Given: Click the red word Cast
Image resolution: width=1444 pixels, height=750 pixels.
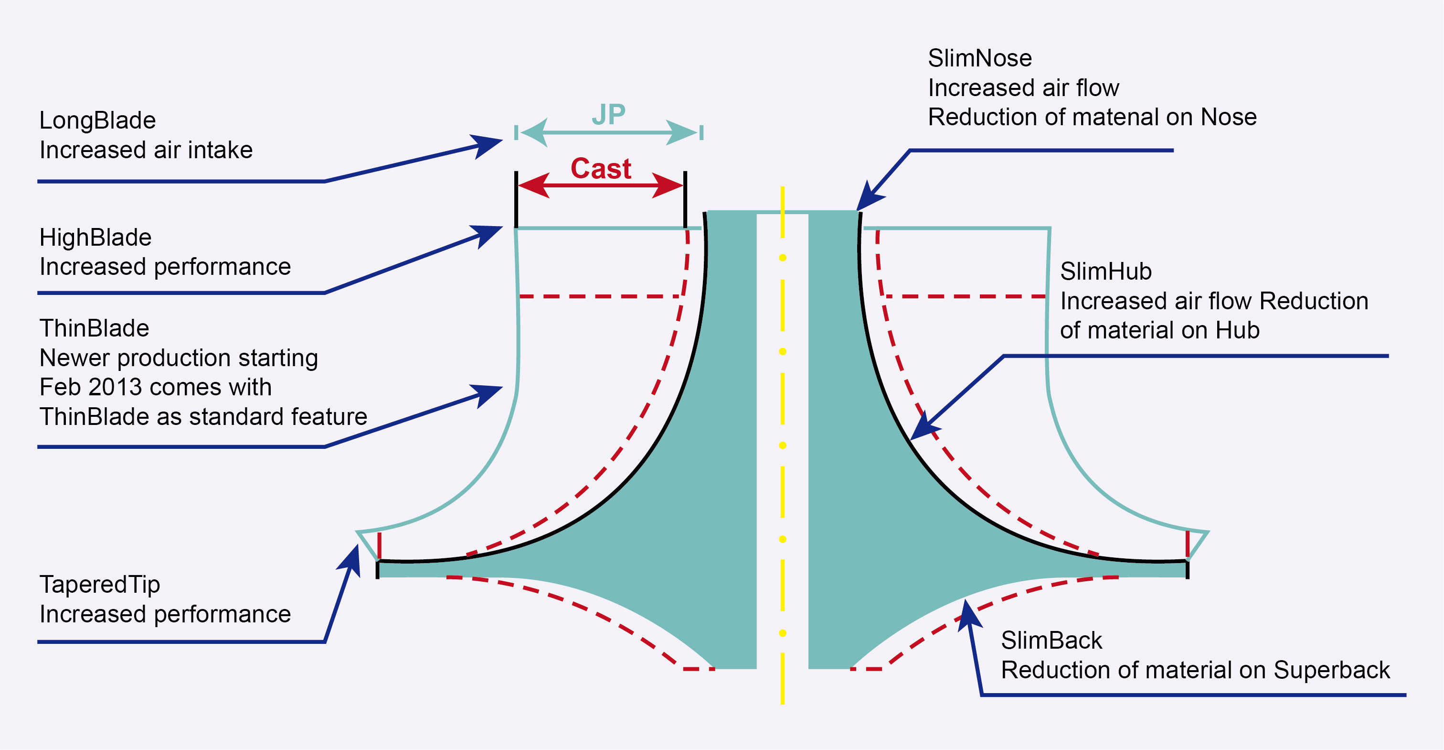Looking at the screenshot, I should [x=600, y=168].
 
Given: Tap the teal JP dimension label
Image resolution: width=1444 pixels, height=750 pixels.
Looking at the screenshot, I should [x=608, y=115].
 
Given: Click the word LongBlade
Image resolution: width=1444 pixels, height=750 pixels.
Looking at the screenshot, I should [x=97, y=120].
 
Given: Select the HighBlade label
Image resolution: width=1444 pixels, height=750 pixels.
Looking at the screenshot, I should [x=96, y=238].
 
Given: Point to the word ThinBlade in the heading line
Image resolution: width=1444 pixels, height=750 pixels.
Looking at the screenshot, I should [x=94, y=329].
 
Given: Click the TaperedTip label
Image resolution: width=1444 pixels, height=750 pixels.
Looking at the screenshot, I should [x=100, y=585].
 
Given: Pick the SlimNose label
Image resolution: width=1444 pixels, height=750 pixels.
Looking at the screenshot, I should [x=979, y=58].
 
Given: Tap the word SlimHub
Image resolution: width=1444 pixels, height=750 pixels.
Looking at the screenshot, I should [x=1105, y=272].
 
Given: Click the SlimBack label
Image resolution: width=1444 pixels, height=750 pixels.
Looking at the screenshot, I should [x=1051, y=641].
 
